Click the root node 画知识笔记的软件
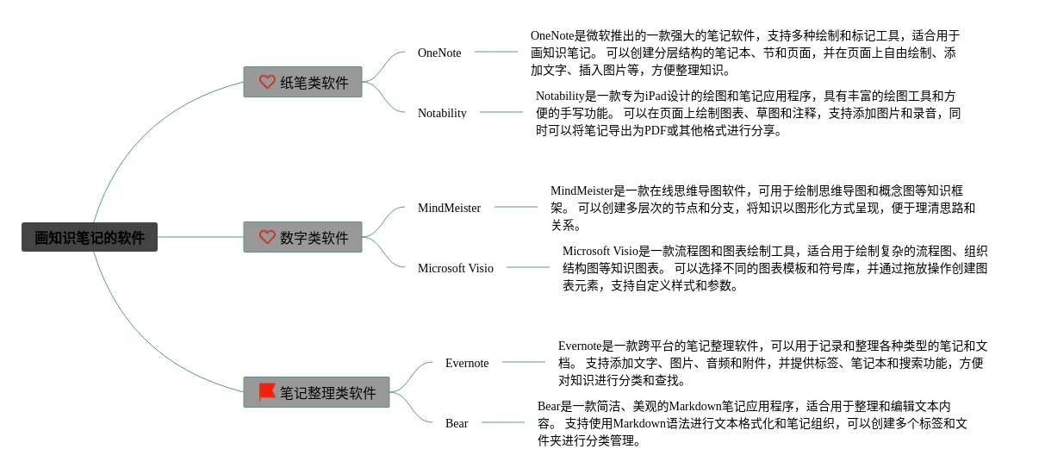click(x=90, y=237)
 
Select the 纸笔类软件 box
click(x=302, y=82)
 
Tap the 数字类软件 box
click(x=302, y=237)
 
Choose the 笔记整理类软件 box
click(x=316, y=392)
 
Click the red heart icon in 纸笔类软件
click(x=267, y=82)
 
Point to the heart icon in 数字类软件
click(x=267, y=237)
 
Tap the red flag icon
click(x=267, y=392)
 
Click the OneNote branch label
click(x=439, y=53)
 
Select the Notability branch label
click(x=442, y=113)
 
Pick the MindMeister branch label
click(x=449, y=208)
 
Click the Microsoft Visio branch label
click(x=456, y=268)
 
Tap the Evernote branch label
click(x=467, y=363)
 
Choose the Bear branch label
click(x=457, y=423)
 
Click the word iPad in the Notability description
click(x=656, y=97)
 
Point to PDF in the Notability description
click(x=655, y=130)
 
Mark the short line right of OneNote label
click(x=496, y=52)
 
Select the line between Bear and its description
click(x=503, y=422)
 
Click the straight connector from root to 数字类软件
click(x=201, y=237)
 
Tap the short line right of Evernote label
click(x=524, y=362)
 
